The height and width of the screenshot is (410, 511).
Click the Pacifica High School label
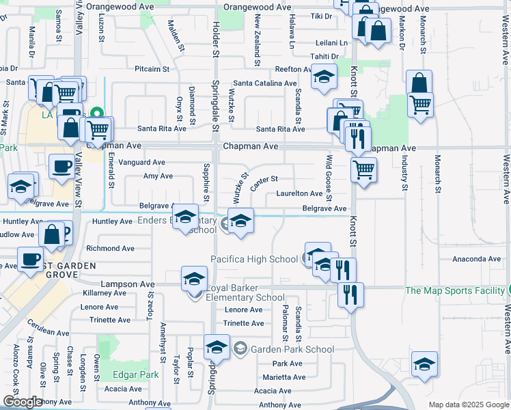click(254, 259)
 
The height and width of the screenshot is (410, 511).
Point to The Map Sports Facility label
click(454, 290)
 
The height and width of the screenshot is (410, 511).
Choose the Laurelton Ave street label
click(299, 193)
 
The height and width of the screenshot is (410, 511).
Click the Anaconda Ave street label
click(476, 259)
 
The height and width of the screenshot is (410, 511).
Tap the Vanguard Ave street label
click(142, 163)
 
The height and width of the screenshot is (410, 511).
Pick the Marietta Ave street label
click(283, 377)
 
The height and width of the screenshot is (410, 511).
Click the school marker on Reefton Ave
click(324, 76)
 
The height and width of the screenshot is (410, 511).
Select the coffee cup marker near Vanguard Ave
click(61, 165)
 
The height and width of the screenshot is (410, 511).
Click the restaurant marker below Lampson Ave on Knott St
click(351, 295)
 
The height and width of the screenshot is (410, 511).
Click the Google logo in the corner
click(23, 402)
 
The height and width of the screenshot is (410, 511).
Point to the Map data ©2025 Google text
click(468, 405)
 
